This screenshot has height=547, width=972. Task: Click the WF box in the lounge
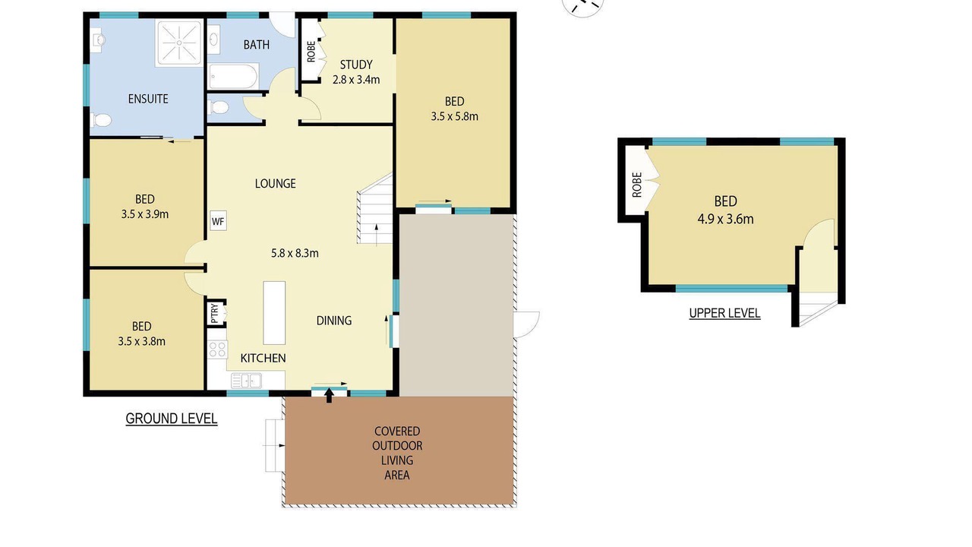tap(218, 221)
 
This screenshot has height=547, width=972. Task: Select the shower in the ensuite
tap(179, 43)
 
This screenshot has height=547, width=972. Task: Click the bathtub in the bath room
tap(233, 77)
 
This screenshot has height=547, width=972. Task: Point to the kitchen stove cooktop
tap(217, 349)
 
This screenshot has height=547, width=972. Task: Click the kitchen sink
tap(246, 381)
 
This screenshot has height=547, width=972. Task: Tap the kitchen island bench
tap(274, 312)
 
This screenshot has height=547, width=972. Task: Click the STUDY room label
tap(356, 65)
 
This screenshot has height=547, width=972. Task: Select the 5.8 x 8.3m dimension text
tap(295, 253)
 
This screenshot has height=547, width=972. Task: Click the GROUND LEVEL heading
tap(172, 419)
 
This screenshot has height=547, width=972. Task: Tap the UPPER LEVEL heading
tap(724, 313)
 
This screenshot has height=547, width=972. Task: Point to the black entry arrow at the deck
tap(329, 396)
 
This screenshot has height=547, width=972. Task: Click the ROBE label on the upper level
tap(636, 185)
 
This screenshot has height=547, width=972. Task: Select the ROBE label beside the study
tap(311, 52)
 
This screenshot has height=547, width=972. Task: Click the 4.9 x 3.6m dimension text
tap(725, 219)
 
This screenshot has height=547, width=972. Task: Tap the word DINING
tap(333, 321)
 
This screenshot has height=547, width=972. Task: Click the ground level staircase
tap(375, 208)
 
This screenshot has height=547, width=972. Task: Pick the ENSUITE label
tap(148, 99)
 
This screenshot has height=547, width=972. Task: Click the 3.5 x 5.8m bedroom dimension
tap(454, 116)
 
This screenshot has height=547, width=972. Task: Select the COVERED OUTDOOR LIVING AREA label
tap(397, 453)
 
